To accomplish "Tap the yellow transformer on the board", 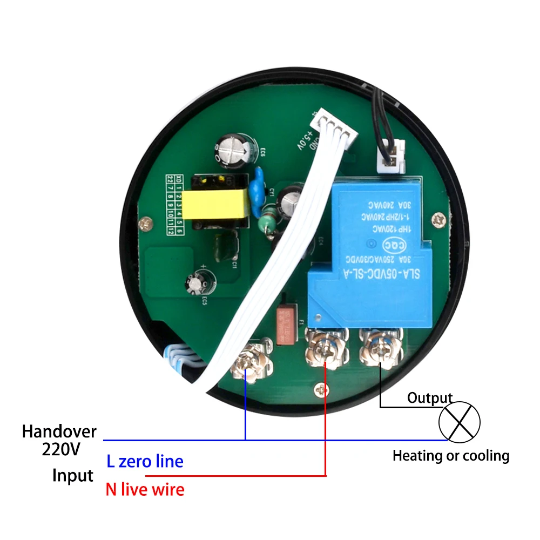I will (215, 205).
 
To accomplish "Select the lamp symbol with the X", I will (459, 421).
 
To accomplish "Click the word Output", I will (429, 399).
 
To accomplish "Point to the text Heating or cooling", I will (451, 456).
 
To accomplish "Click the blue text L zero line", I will (145, 462).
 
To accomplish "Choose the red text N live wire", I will (145, 490).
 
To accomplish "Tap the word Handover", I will (59, 432).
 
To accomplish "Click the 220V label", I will (60, 449).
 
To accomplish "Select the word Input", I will (73, 476).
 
